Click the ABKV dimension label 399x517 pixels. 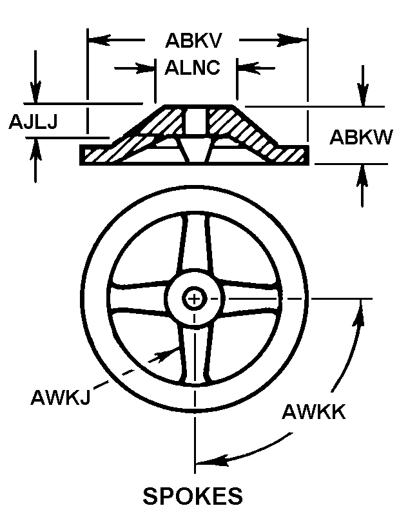pyautogui.click(x=193, y=41)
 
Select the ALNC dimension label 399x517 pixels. pyautogui.click(x=192, y=68)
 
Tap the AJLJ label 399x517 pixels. pyautogui.click(x=33, y=121)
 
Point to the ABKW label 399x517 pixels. pyautogui.click(x=361, y=137)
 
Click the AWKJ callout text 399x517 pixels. pyautogui.click(x=60, y=397)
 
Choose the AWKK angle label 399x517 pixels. pyautogui.click(x=314, y=412)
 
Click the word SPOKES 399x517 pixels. pyautogui.click(x=193, y=496)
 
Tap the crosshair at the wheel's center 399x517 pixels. pyautogui.click(x=194, y=299)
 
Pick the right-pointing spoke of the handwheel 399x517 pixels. pyautogui.click(x=251, y=298)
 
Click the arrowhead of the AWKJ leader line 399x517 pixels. pyautogui.click(x=162, y=355)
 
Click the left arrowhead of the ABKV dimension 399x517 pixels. pyautogui.click(x=99, y=40)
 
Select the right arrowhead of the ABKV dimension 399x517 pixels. pyautogui.click(x=296, y=40)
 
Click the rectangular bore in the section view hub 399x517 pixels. pyautogui.click(x=195, y=122)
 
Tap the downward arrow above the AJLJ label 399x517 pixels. pyautogui.click(x=35, y=90)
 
